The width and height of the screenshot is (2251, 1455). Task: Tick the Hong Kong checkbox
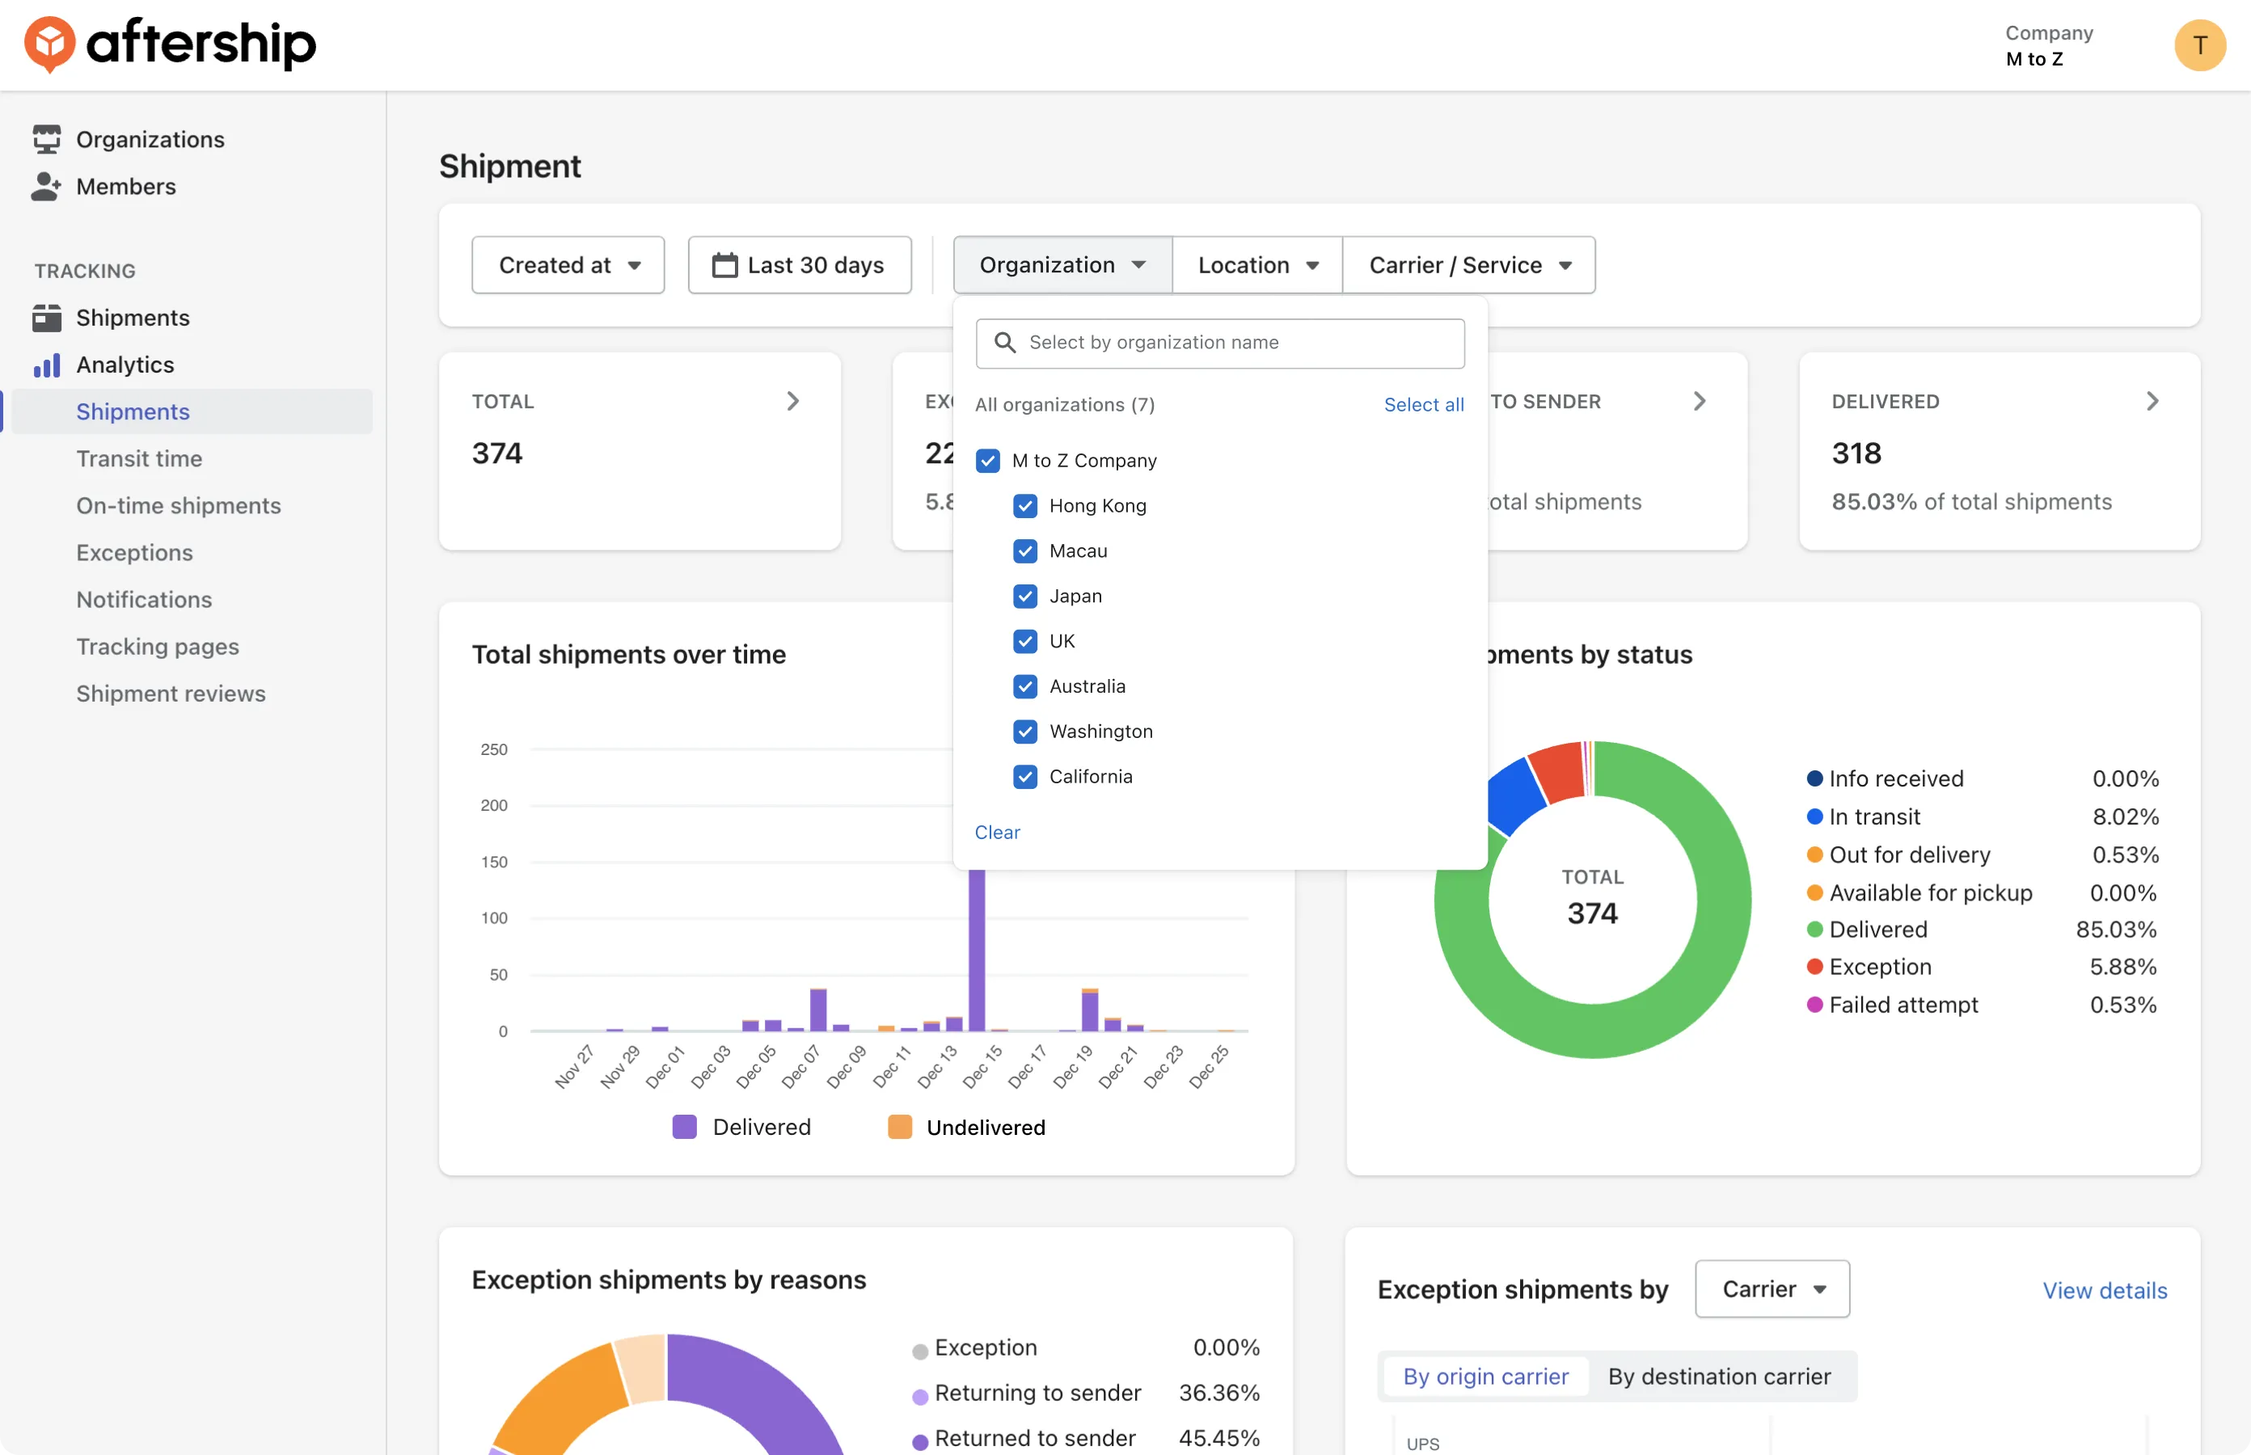pyautogui.click(x=1024, y=506)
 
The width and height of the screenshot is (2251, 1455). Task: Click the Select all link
pyautogui.click(x=1423, y=404)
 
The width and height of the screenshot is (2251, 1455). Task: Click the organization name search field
pyautogui.click(x=1220, y=343)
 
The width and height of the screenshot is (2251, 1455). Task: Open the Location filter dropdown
pyautogui.click(x=1256, y=265)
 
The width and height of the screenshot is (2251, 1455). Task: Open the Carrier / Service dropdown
pyautogui.click(x=1469, y=265)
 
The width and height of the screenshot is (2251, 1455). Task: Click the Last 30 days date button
pyautogui.click(x=800, y=265)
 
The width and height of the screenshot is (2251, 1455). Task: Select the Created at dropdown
pyautogui.click(x=568, y=265)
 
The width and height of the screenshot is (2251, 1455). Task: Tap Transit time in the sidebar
pyautogui.click(x=139, y=459)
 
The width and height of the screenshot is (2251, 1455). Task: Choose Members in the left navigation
pyautogui.click(x=125, y=187)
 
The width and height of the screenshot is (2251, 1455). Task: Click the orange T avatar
pyautogui.click(x=2199, y=45)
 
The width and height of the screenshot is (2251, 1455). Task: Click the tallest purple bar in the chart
pyautogui.click(x=976, y=949)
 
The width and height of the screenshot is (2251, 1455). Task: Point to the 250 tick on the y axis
pyautogui.click(x=493, y=750)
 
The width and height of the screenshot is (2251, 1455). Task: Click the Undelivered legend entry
pyautogui.click(x=965, y=1127)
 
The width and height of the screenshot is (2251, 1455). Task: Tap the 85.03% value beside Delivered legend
pyautogui.click(x=2116, y=930)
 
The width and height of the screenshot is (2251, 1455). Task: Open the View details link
pyautogui.click(x=2105, y=1291)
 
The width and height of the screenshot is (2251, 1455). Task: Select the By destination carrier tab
pyautogui.click(x=1719, y=1377)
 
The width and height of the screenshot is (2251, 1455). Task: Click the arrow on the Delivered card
pyautogui.click(x=2152, y=402)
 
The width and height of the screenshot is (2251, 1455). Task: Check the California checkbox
pyautogui.click(x=1024, y=777)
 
